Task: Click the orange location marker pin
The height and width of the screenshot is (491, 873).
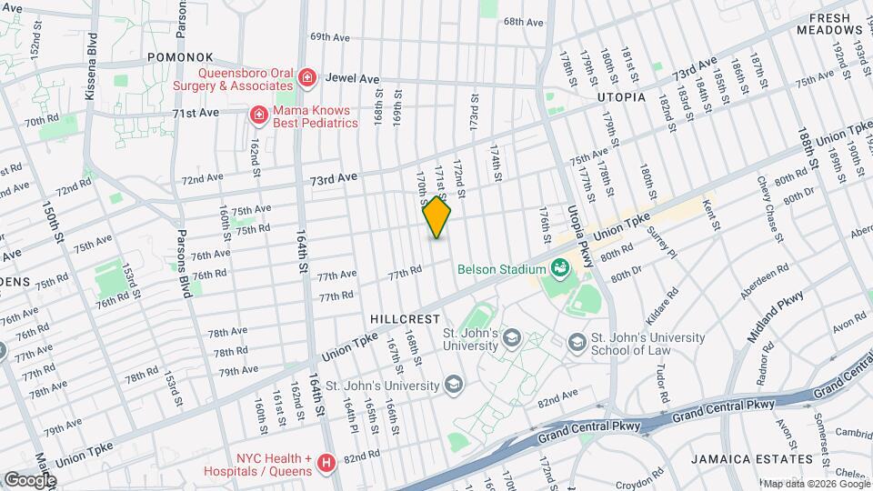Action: click(x=437, y=217)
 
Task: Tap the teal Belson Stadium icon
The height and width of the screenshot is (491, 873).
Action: click(x=560, y=268)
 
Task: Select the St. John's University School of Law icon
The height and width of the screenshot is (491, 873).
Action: click(x=577, y=342)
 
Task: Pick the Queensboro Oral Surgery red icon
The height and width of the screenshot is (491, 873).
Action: click(x=307, y=78)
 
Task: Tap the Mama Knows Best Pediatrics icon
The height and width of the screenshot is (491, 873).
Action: click(x=258, y=114)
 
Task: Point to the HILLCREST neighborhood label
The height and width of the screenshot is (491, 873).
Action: click(x=405, y=319)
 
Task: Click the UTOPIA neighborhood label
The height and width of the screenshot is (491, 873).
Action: click(x=621, y=96)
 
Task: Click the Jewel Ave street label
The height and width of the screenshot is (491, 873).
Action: click(x=352, y=79)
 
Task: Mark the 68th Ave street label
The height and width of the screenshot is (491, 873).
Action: click(x=523, y=22)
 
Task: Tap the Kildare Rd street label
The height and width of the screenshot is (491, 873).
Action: click(x=670, y=310)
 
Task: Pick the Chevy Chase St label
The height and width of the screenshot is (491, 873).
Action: click(x=770, y=209)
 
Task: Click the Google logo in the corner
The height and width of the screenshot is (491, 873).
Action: click(x=29, y=479)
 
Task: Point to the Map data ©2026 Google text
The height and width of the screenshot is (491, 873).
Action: click(x=816, y=484)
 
